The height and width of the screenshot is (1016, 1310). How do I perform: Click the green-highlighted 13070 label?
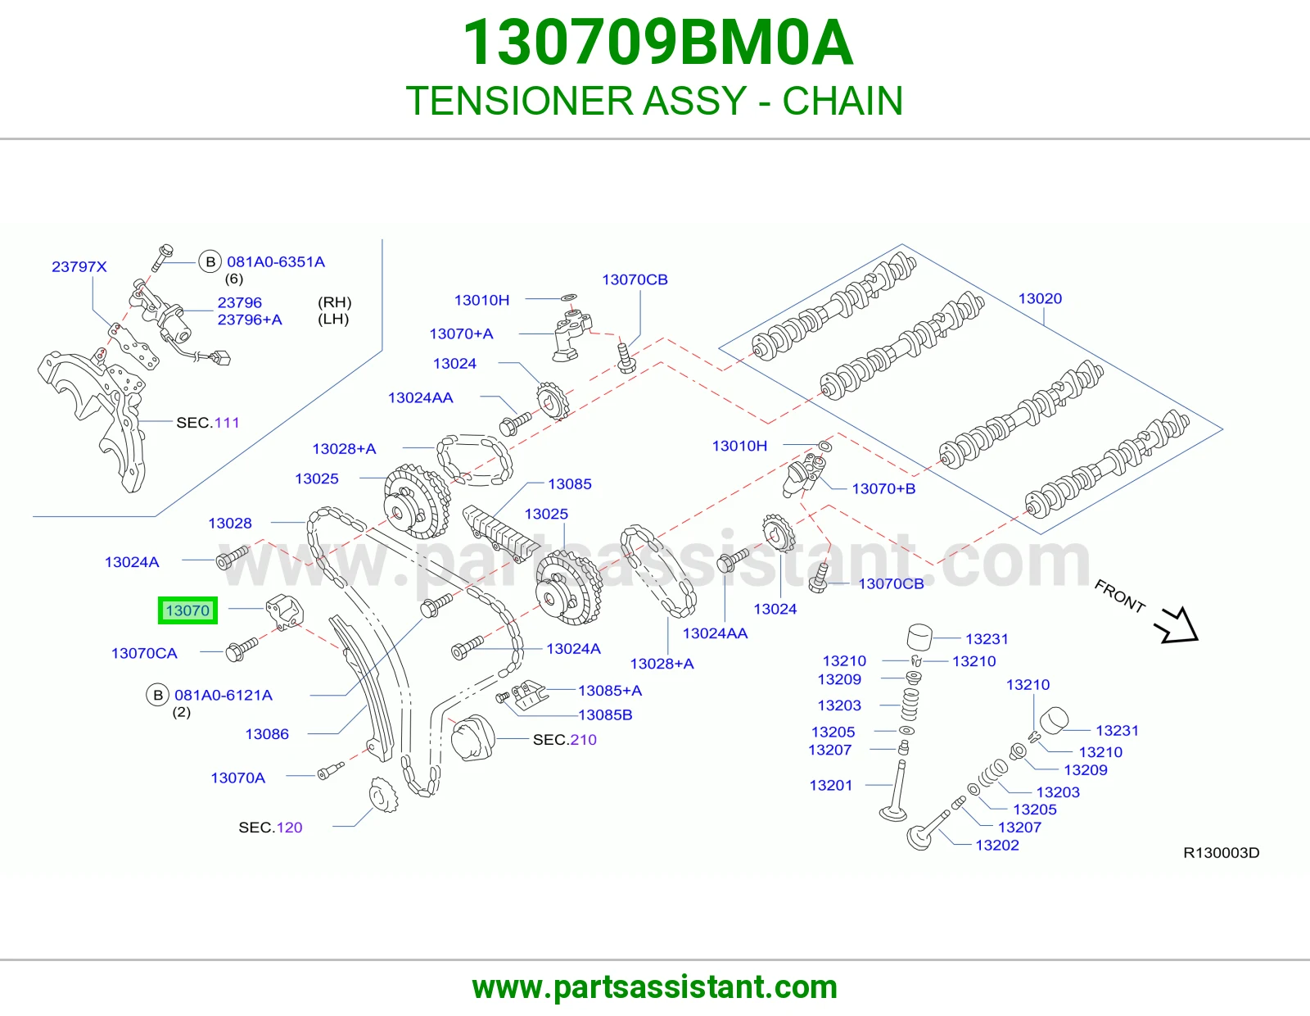(x=187, y=610)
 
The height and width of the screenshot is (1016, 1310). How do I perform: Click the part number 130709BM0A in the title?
(x=657, y=43)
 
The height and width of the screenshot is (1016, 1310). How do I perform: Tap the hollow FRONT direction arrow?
(x=1177, y=626)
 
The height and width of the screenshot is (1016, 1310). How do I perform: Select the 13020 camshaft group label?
(x=1040, y=298)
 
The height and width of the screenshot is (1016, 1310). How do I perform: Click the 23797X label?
(x=79, y=266)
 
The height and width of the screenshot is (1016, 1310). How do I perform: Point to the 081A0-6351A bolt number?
(x=275, y=262)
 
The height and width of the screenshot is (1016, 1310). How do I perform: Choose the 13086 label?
(x=267, y=733)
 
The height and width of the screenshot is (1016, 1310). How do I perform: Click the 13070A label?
(x=237, y=778)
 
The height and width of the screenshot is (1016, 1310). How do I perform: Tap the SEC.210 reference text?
(x=564, y=740)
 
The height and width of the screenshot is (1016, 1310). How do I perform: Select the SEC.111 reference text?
(x=207, y=423)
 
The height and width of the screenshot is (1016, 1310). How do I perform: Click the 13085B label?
(x=605, y=715)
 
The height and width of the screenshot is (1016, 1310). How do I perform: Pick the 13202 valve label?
(x=997, y=846)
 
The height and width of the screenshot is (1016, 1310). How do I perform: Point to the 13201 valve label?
(x=831, y=785)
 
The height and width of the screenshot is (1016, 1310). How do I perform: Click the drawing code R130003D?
(x=1222, y=852)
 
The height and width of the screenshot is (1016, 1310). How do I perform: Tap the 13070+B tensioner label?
(x=883, y=488)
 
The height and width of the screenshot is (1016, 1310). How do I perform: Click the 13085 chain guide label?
(x=570, y=484)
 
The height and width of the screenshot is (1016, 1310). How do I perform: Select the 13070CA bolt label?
(x=144, y=653)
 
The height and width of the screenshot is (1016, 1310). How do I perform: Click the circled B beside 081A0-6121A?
(x=158, y=695)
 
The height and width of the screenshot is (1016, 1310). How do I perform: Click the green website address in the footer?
(x=655, y=987)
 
